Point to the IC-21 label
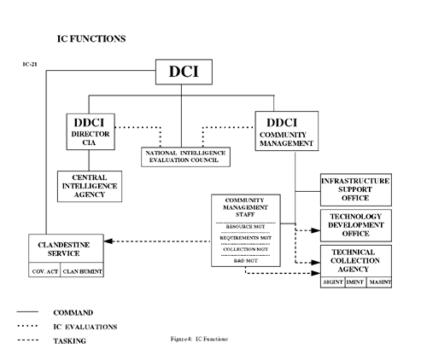point(32,66)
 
